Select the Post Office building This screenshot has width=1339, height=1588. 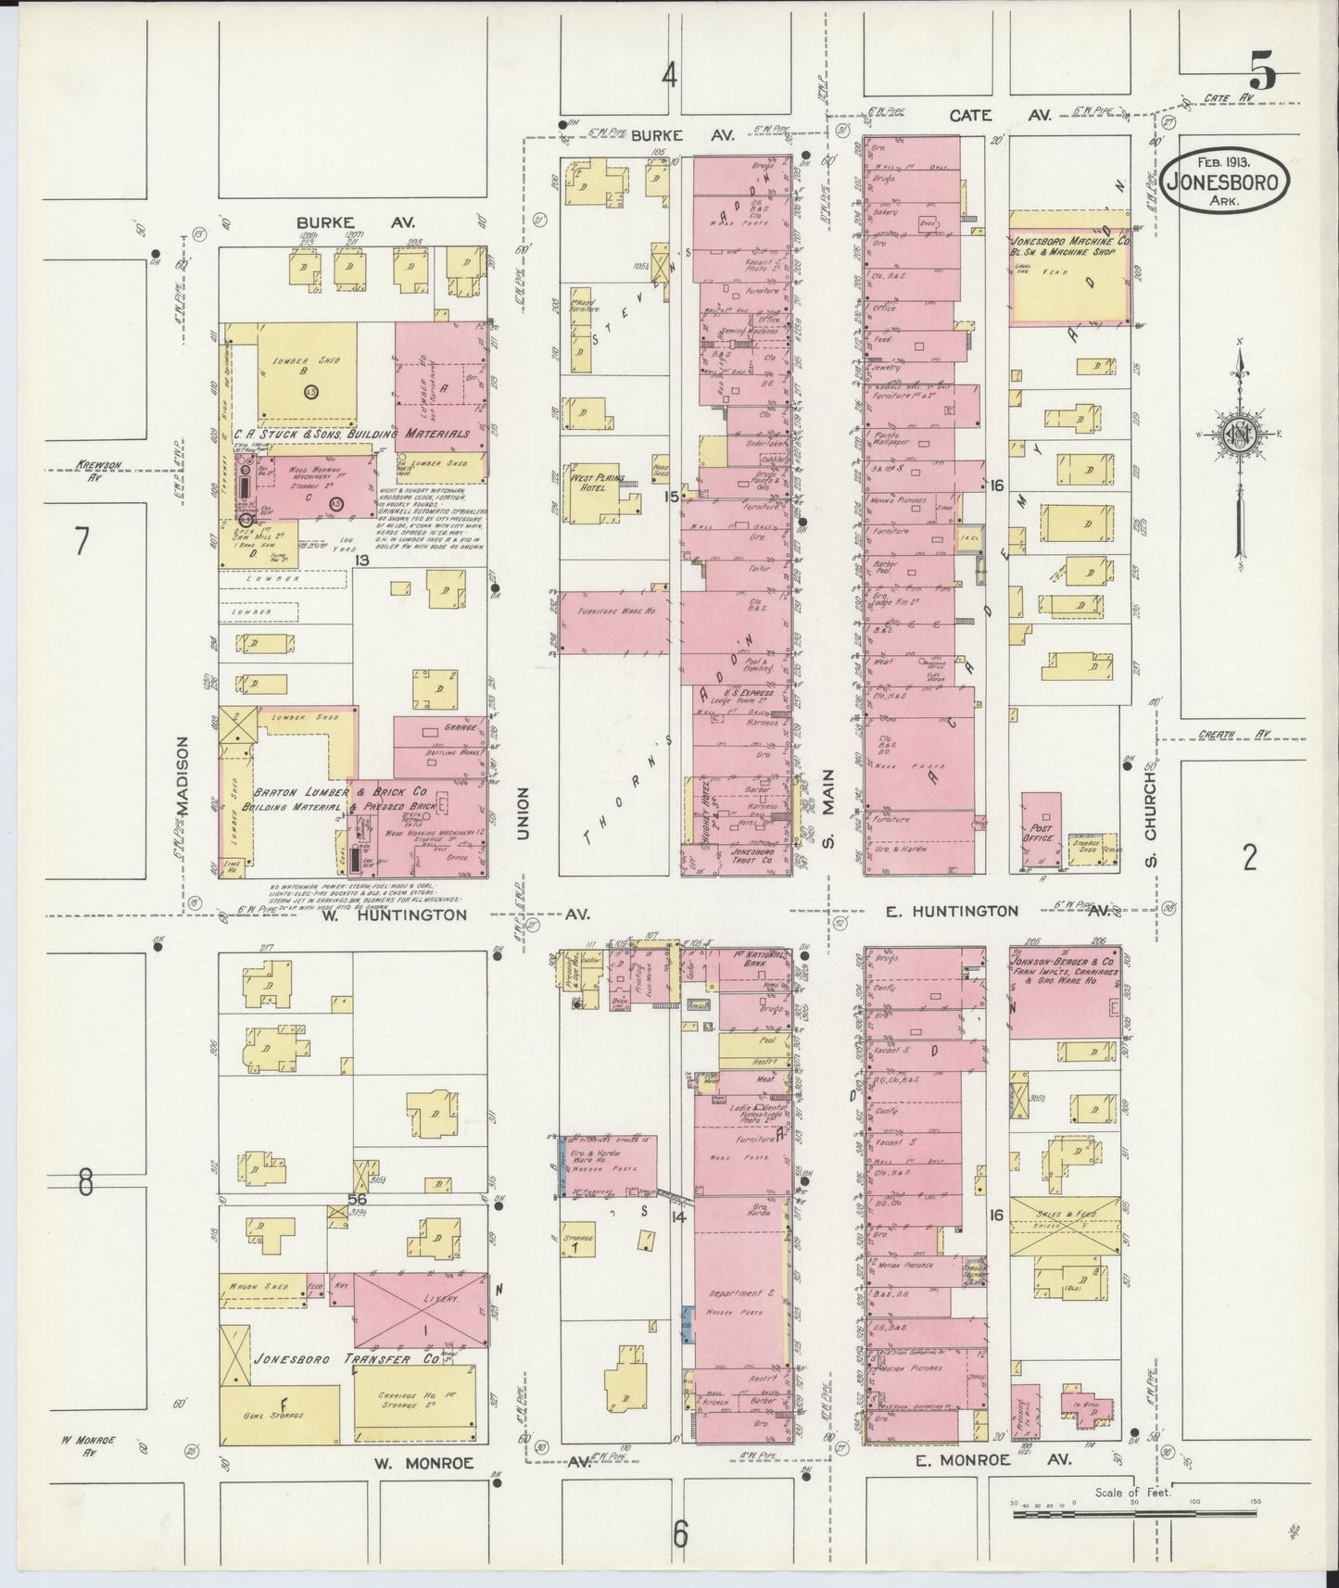tap(1042, 831)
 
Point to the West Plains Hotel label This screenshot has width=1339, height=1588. tap(592, 481)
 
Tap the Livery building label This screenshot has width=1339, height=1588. tap(423, 1301)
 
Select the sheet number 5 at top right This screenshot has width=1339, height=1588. tap(1262, 70)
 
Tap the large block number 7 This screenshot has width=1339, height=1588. tap(82, 541)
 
